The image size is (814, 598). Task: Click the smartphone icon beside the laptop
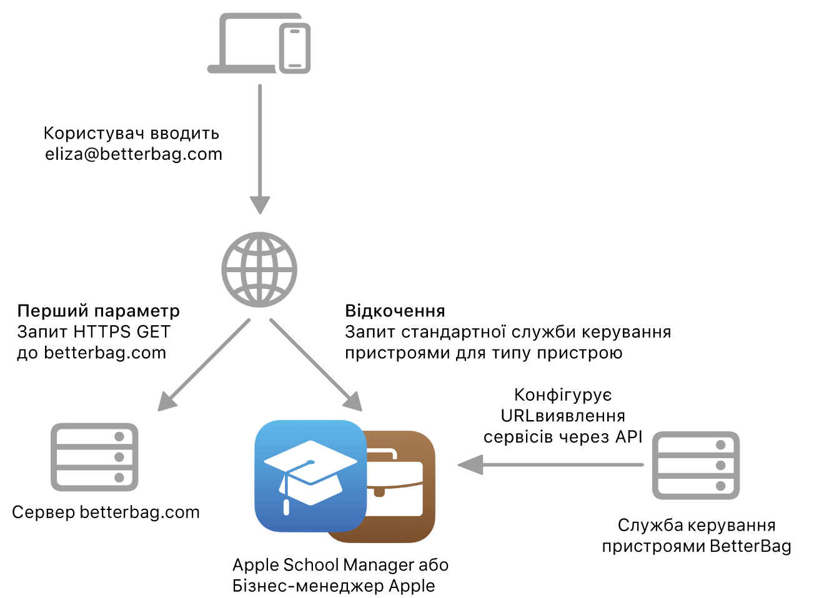point(294,48)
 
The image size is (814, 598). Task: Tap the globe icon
point(259,270)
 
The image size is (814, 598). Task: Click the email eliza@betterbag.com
point(134,154)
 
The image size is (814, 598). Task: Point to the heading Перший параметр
point(99,311)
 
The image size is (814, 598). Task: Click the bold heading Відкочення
point(395,311)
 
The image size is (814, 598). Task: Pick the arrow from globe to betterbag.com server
point(204,365)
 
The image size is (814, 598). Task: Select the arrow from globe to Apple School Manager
point(316,365)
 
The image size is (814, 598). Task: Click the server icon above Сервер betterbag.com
point(94,457)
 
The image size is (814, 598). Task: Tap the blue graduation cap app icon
point(310,476)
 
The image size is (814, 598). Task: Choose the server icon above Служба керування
point(696,465)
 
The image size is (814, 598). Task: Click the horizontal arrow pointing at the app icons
point(550,464)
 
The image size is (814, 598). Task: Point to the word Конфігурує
point(563,395)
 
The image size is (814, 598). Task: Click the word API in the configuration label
point(629,437)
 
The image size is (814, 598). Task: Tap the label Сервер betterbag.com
point(106,512)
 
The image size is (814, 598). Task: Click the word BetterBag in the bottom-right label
point(750,546)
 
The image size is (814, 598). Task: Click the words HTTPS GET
point(122,332)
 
